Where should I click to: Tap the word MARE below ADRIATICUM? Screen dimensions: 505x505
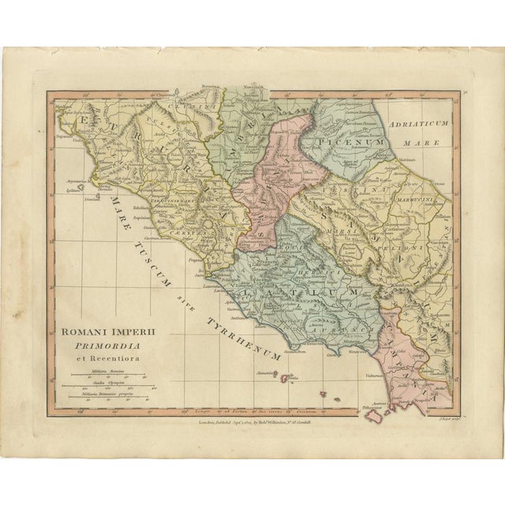[426, 144]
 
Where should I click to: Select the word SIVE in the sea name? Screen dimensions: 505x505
[183, 297]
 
